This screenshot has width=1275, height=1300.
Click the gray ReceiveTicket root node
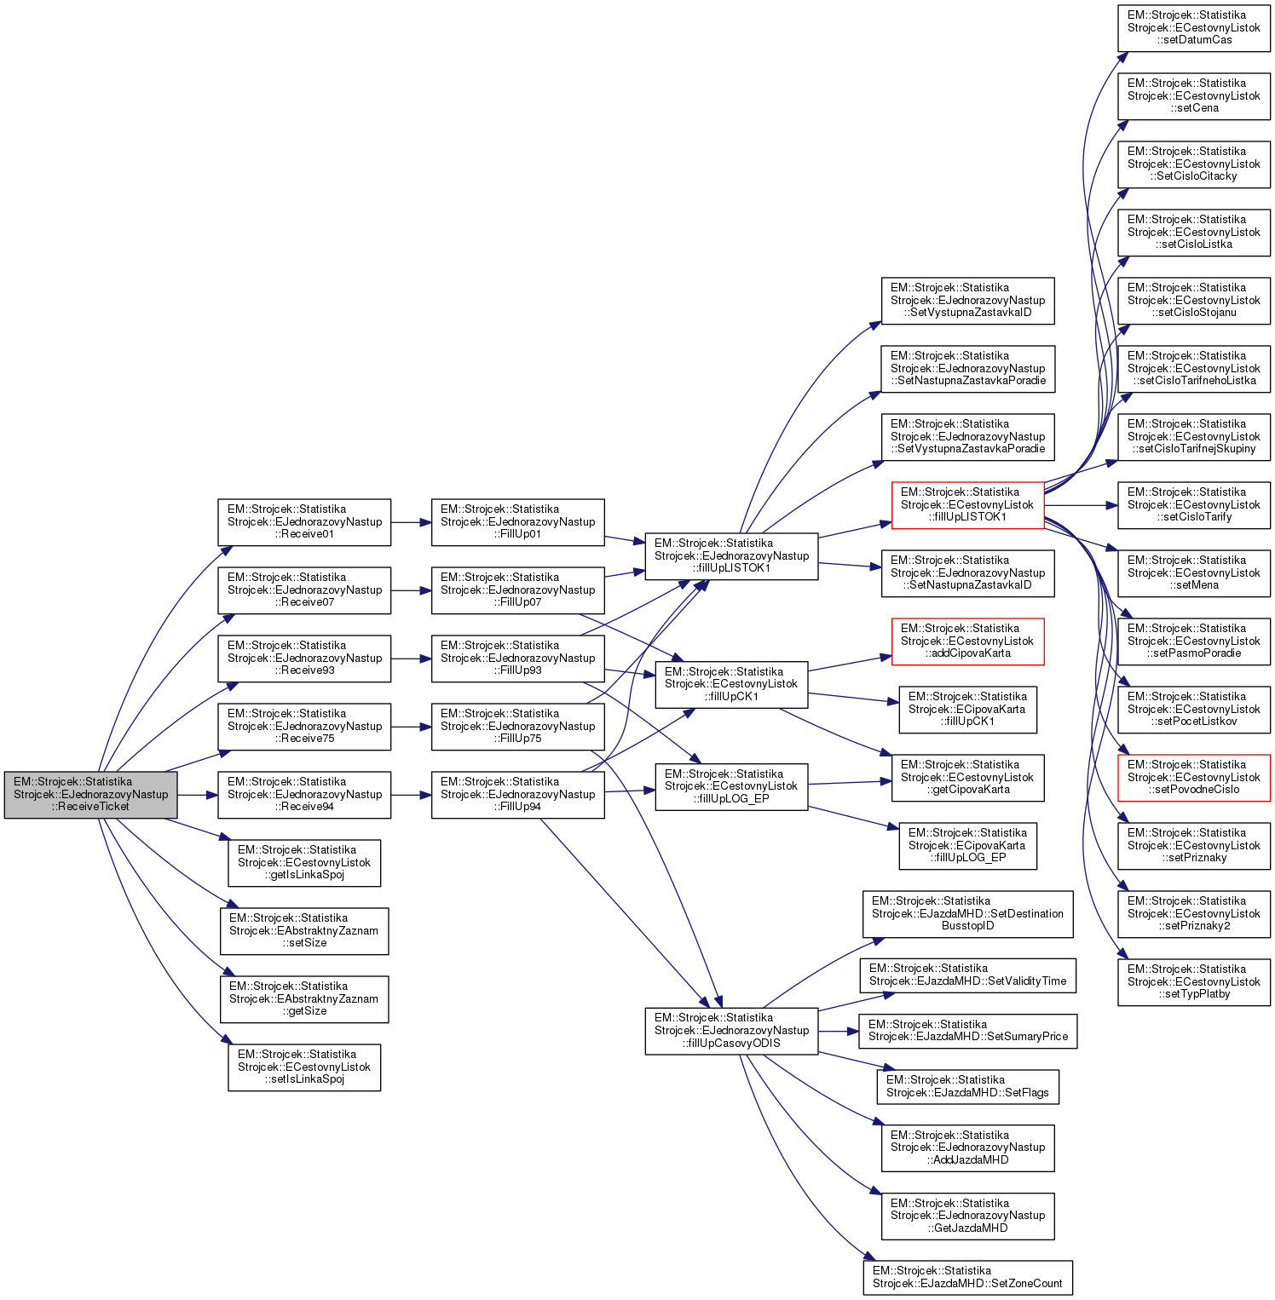(x=90, y=794)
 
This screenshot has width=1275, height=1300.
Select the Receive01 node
(x=304, y=521)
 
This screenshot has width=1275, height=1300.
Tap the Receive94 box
(x=304, y=794)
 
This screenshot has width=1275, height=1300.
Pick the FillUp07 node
(x=517, y=590)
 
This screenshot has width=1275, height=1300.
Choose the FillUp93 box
(x=517, y=658)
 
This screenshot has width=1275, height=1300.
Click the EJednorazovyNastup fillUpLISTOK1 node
(x=731, y=555)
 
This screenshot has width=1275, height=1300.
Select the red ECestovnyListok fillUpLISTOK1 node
(x=967, y=504)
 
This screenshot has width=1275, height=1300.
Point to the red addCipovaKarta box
(x=967, y=641)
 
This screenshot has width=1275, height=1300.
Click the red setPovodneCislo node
(x=1193, y=777)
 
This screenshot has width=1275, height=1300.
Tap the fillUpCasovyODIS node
(x=731, y=1030)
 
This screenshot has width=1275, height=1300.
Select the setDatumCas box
(x=1193, y=27)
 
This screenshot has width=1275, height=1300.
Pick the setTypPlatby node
(x=1193, y=981)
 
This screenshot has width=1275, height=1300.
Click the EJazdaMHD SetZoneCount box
(x=967, y=1277)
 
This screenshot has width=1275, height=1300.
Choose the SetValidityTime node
(x=967, y=975)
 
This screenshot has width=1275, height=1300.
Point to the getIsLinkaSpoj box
(x=304, y=862)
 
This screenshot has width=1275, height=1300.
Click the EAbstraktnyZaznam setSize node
(x=304, y=930)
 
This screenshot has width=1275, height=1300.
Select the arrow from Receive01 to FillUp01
(x=411, y=521)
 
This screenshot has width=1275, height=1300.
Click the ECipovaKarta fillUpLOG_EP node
(x=967, y=845)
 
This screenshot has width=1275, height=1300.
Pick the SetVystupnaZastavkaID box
(x=967, y=300)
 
